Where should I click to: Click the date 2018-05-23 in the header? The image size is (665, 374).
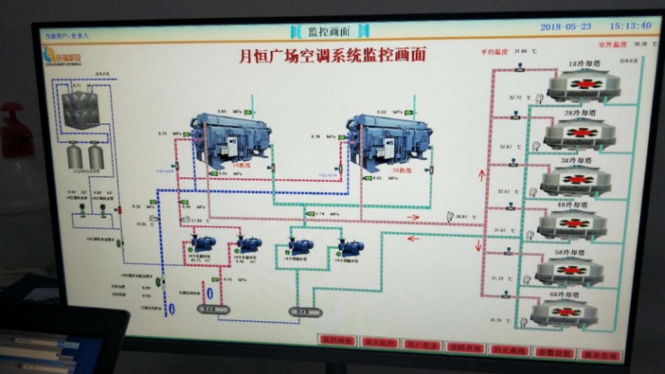tap(565, 27)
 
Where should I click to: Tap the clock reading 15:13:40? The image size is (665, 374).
tap(630, 26)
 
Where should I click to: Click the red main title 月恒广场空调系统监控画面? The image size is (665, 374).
tap(332, 54)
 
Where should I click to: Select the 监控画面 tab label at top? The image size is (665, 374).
tap(329, 31)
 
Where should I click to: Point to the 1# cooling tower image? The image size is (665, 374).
tap(583, 84)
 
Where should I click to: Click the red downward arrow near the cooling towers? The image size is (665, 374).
tap(478, 244)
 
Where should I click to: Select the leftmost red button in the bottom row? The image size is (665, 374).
tap(337, 340)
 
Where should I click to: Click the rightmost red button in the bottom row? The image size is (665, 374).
tap(600, 355)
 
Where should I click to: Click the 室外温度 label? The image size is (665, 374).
tap(612, 45)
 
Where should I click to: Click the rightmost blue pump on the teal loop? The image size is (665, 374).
tap(350, 248)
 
